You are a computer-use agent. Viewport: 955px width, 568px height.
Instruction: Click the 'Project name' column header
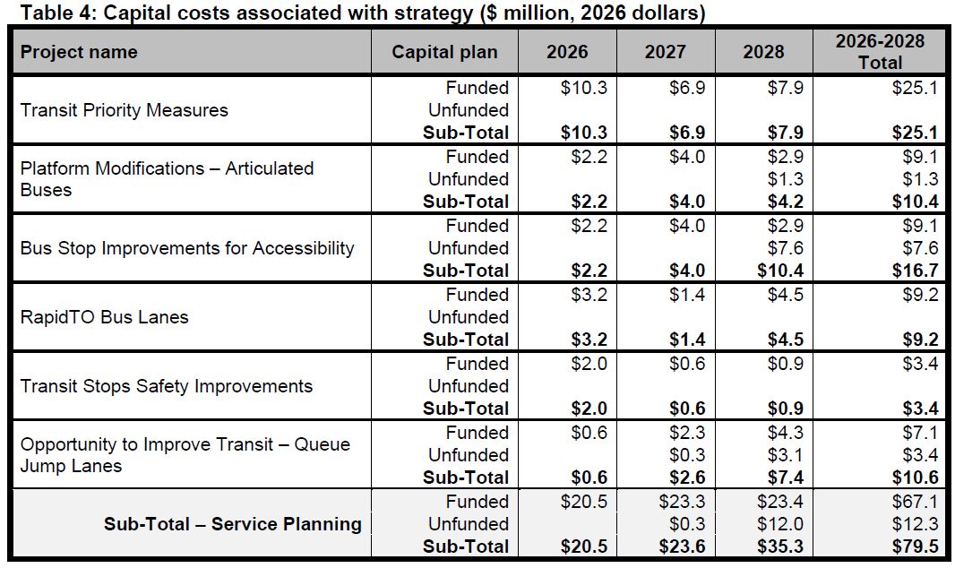79,51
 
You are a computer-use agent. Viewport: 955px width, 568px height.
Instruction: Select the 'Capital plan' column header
443,51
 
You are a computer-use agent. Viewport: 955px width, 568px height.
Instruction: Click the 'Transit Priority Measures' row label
124,110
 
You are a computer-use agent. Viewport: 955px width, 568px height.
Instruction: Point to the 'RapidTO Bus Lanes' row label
104,317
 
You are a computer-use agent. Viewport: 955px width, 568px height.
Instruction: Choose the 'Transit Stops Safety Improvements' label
167,386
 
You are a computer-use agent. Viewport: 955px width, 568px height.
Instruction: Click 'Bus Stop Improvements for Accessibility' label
187,248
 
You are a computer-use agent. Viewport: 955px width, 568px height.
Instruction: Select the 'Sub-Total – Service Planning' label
232,524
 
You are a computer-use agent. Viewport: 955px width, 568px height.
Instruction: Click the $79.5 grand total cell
915,546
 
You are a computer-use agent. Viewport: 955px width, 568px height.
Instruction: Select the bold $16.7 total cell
915,271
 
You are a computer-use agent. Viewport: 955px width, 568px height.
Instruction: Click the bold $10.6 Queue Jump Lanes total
915,478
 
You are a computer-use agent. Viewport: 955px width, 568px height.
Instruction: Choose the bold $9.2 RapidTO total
919,340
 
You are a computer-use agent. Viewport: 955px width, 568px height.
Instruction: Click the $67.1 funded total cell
915,502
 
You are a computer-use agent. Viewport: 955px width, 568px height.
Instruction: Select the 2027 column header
666,51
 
